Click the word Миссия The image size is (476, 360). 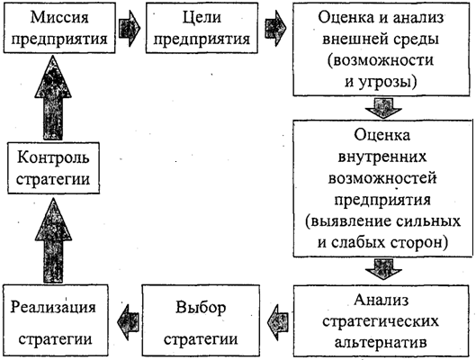(x=59, y=17)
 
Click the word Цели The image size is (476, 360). (x=202, y=17)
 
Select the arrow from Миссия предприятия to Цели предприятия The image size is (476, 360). (x=130, y=28)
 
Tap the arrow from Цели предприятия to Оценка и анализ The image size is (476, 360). (x=275, y=28)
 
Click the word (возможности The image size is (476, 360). (x=381, y=60)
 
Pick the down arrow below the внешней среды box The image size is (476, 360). (x=383, y=108)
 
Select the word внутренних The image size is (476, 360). (x=382, y=157)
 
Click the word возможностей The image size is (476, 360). (x=382, y=178)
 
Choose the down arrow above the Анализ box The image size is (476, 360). (x=383, y=269)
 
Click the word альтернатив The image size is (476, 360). (x=381, y=342)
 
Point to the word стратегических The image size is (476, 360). (x=381, y=321)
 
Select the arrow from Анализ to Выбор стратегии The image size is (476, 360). (x=278, y=322)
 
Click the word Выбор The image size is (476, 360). (x=201, y=307)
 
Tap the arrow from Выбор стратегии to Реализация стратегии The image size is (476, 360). (x=128, y=322)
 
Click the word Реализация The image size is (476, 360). (x=53, y=307)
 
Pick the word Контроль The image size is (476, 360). (x=53, y=157)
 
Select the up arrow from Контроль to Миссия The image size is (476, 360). (x=53, y=98)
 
